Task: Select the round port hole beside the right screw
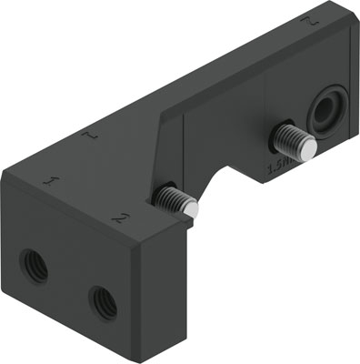pos(325,112)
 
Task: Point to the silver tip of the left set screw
pos(190,208)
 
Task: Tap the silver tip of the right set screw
pos(308,145)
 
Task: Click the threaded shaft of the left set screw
pos(173,197)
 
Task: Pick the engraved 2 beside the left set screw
pos(117,217)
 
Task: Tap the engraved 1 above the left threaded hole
pos(50,181)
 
